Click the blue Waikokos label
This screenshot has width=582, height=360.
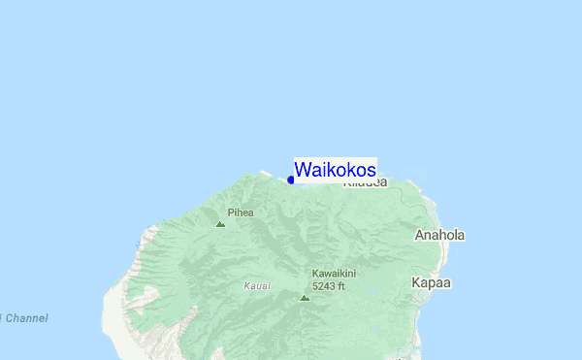(335, 170)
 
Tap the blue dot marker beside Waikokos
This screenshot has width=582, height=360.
(291, 180)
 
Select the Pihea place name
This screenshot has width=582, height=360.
(241, 213)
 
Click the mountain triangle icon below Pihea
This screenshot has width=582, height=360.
(220, 224)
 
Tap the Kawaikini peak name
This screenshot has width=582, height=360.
(334, 274)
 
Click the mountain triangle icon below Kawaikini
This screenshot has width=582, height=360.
(305, 298)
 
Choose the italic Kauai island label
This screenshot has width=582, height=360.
(257, 286)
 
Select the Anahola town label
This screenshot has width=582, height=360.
(439, 236)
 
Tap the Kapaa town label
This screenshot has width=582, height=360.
(432, 282)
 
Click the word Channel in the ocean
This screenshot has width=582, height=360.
(25, 318)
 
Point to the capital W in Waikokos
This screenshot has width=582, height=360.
(303, 170)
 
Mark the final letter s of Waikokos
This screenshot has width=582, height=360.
(372, 171)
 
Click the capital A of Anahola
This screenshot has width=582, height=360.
(420, 236)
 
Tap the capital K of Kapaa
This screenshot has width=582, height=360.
(416, 282)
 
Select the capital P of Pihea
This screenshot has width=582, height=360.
(230, 213)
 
